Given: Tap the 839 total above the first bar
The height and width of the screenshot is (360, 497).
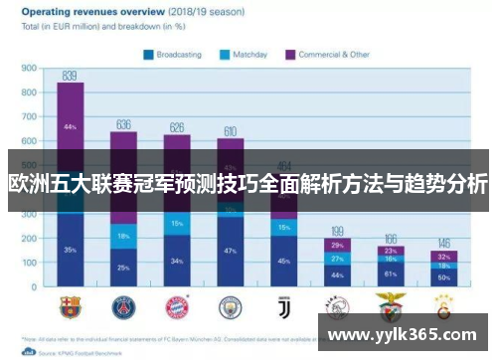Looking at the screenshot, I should (70, 76).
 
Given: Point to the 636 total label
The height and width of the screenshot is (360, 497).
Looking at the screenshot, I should (124, 124).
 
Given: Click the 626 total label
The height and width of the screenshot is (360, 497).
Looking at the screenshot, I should (177, 127).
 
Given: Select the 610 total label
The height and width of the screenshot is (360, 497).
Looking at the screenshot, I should (231, 130).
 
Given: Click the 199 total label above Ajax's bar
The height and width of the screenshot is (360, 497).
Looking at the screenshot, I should (338, 231).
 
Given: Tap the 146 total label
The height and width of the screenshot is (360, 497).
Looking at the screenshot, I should (444, 243).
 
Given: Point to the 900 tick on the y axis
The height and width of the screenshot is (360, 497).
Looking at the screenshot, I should (30, 70).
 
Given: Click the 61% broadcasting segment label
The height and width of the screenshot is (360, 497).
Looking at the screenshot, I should (391, 274).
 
